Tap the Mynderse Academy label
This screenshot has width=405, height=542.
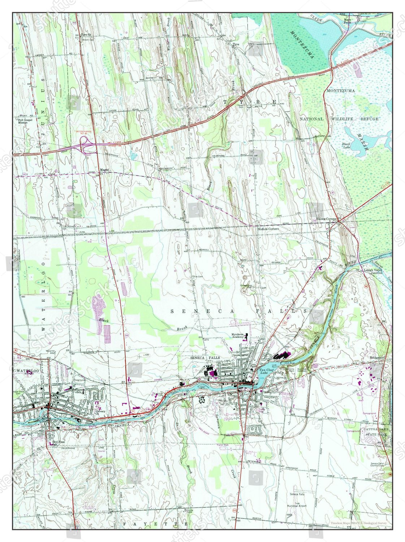pos(238,336)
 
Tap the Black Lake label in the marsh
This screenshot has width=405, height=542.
pos(346,146)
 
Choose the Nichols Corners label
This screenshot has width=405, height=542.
pos(268,229)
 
